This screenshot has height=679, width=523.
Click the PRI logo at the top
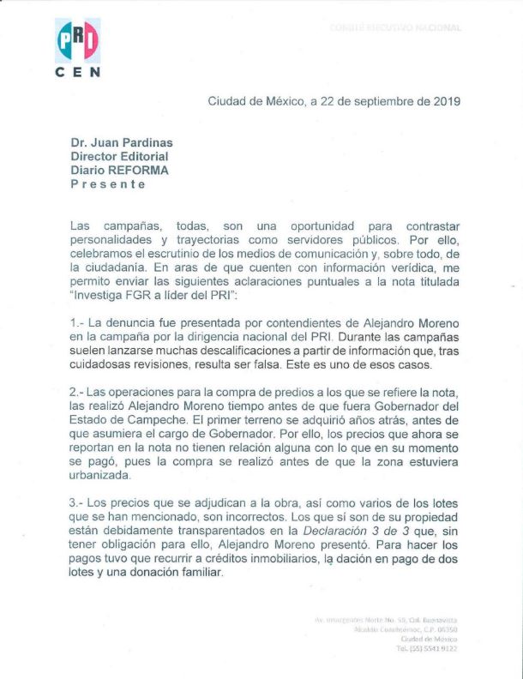point(77,39)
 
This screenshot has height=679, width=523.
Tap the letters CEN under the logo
point(77,72)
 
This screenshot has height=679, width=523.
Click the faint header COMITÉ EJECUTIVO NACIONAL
point(395,27)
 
